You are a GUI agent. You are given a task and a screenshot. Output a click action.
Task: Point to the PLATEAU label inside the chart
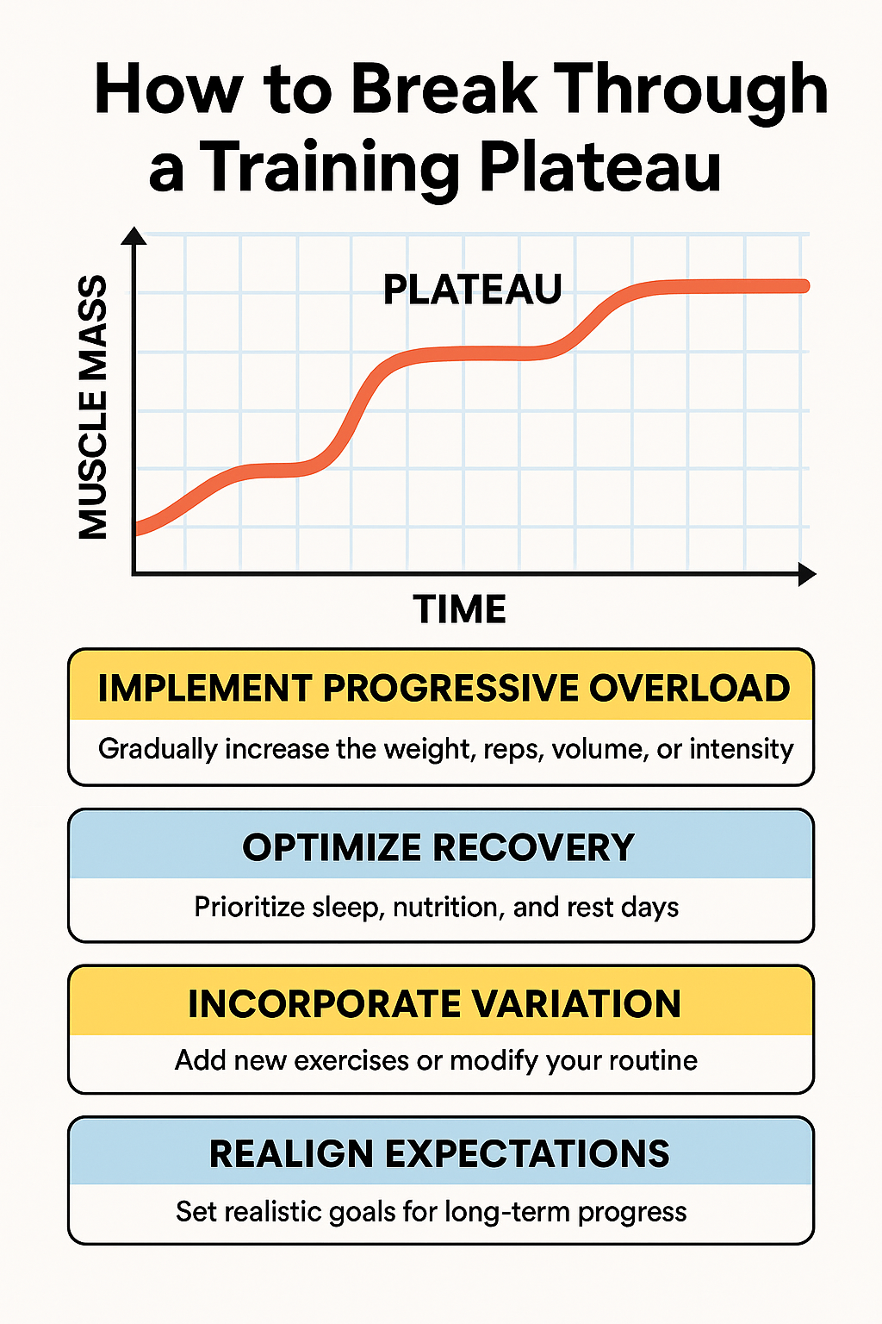click(472, 290)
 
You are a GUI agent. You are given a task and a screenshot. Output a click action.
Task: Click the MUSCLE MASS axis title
click(94, 407)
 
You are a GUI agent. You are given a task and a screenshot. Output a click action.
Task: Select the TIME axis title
click(460, 609)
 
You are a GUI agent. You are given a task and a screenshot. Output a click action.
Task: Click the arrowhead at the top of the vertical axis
click(134, 236)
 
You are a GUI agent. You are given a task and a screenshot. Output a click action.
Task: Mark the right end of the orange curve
click(804, 286)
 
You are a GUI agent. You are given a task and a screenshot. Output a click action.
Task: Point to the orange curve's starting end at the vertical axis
click(140, 528)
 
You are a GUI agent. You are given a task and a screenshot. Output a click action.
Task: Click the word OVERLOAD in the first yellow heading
click(689, 688)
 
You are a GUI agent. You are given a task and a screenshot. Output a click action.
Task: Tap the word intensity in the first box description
click(742, 748)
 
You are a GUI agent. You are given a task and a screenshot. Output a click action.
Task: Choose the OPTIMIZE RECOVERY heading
click(438, 847)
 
